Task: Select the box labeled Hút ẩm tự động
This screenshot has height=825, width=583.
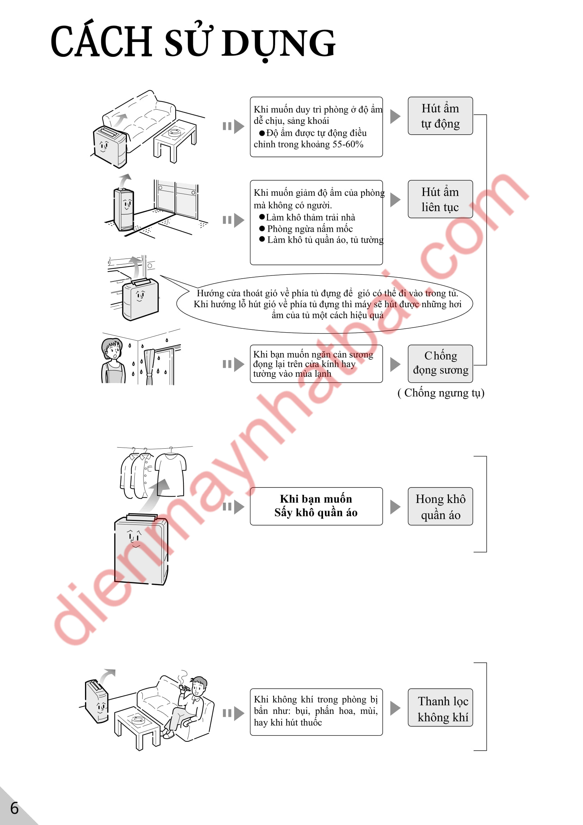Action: click(440, 116)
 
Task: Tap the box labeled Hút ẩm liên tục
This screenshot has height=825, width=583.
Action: click(440, 199)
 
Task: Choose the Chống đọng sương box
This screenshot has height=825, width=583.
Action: click(440, 364)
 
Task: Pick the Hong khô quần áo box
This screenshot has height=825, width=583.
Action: click(440, 506)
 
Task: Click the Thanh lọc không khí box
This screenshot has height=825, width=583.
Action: click(440, 708)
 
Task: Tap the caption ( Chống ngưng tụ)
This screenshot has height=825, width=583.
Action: click(441, 393)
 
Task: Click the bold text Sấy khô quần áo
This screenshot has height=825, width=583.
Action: click(316, 513)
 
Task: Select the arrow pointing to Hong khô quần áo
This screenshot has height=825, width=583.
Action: click(395, 506)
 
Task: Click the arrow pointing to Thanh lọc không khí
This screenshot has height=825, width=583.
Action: click(395, 708)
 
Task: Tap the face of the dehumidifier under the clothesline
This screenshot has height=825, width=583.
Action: click(135, 538)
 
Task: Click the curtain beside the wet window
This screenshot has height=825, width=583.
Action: click(150, 366)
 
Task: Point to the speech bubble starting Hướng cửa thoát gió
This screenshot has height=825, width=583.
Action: click(324, 304)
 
